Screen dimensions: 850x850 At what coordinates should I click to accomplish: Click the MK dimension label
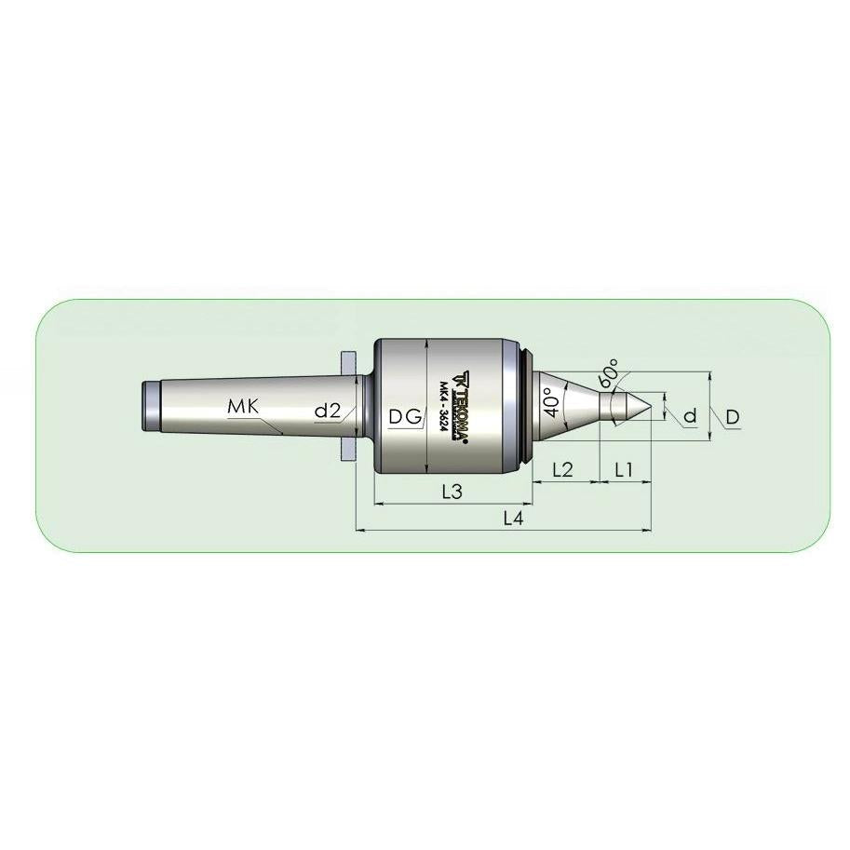[244, 406]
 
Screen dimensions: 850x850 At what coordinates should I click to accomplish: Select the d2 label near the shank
[328, 411]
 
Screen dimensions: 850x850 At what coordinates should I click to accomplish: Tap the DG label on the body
[405, 416]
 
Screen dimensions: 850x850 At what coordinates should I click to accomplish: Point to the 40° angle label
[552, 401]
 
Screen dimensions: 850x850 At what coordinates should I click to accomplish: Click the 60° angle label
[608, 371]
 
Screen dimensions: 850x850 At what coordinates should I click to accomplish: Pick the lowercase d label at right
[690, 416]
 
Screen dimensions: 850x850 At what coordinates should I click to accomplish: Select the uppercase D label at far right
[733, 416]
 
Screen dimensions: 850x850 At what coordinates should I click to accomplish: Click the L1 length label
[624, 469]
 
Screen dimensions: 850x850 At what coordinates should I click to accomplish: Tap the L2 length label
[562, 469]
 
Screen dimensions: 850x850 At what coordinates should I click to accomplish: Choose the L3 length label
[452, 492]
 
